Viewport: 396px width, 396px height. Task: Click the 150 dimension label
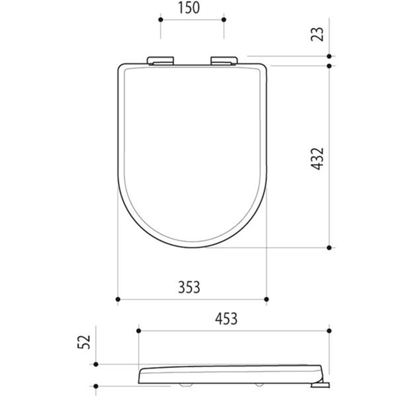(189, 8)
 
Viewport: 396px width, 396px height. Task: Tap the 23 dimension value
(318, 34)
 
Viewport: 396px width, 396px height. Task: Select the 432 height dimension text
(318, 158)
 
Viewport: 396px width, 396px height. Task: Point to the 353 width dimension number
(189, 287)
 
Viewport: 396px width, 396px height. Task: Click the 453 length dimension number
(226, 319)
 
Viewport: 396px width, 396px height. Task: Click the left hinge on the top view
(160, 60)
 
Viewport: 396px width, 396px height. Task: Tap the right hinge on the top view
(224, 60)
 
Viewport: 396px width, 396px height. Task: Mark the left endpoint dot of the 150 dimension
(160, 19)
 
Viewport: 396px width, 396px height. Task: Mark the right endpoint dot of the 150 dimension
(224, 19)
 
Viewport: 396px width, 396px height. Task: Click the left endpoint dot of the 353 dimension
(118, 299)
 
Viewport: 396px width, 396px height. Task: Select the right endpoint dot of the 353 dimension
(266, 299)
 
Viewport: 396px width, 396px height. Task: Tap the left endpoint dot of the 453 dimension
(138, 331)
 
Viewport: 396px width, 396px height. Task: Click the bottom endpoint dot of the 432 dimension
(329, 248)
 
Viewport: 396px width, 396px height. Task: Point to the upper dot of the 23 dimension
(329, 56)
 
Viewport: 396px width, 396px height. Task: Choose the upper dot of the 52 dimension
(96, 364)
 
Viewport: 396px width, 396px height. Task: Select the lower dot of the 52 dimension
(96, 386)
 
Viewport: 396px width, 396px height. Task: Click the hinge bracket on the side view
(320, 384)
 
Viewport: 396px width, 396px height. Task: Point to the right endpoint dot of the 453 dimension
(329, 331)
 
